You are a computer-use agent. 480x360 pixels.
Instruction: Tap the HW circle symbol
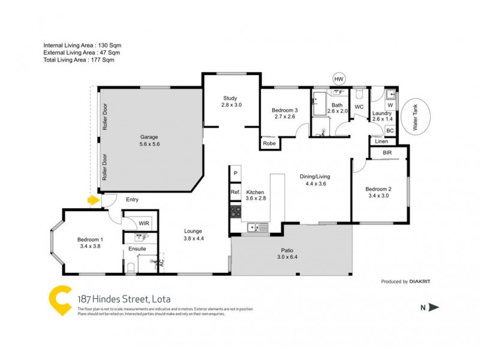[x=339, y=79]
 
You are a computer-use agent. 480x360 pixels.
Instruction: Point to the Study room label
[x=230, y=101]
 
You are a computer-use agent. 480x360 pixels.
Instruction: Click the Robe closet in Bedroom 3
[x=269, y=143]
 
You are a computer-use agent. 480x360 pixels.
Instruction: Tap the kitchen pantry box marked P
[x=235, y=173]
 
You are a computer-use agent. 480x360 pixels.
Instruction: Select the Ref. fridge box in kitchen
[x=235, y=192]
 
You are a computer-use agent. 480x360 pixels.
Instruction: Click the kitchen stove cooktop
[x=235, y=211]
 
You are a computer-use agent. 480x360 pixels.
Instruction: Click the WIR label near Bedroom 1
[x=144, y=223]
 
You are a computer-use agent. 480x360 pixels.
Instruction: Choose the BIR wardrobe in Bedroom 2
[x=388, y=154]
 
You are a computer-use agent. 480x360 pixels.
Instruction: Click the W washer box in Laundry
[x=390, y=105]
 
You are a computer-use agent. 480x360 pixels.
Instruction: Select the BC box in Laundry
[x=389, y=130]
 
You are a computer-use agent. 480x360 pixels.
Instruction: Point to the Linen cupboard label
[x=382, y=142]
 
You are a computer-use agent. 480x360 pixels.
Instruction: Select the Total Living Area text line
[x=79, y=60]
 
